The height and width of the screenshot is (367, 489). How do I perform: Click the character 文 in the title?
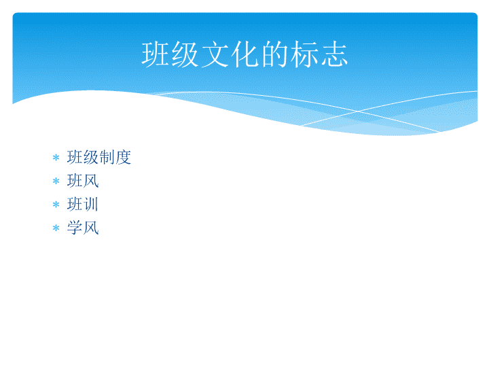tap(215, 54)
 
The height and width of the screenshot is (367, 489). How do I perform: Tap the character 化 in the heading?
tap(244, 54)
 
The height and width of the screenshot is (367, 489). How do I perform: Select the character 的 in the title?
tap(274, 54)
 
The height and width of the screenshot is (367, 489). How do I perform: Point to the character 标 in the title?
tap(304, 54)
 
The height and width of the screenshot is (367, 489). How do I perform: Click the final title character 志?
tap(334, 54)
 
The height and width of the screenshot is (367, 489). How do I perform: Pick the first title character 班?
tap(155, 54)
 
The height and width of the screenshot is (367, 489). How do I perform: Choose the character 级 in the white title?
tap(185, 54)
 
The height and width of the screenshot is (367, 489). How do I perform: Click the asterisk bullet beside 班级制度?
tap(56, 157)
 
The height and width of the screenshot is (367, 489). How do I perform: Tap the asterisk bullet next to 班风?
tap(56, 181)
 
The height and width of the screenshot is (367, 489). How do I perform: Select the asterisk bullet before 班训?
tap(56, 205)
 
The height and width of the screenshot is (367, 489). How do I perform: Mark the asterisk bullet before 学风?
tap(56, 228)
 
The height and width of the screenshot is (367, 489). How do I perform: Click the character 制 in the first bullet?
tap(107, 157)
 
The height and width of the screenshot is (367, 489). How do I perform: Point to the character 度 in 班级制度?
tap(123, 157)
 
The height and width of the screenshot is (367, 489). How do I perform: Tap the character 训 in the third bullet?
tap(91, 204)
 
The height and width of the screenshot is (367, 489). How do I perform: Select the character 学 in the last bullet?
tap(75, 228)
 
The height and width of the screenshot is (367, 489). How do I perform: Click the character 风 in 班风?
tap(91, 181)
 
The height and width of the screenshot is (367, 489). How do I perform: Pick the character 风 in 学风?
tap(91, 228)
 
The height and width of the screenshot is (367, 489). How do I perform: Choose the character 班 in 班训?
tap(75, 204)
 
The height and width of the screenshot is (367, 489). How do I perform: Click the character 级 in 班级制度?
tap(91, 157)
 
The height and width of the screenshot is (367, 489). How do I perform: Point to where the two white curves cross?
tap(358, 111)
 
